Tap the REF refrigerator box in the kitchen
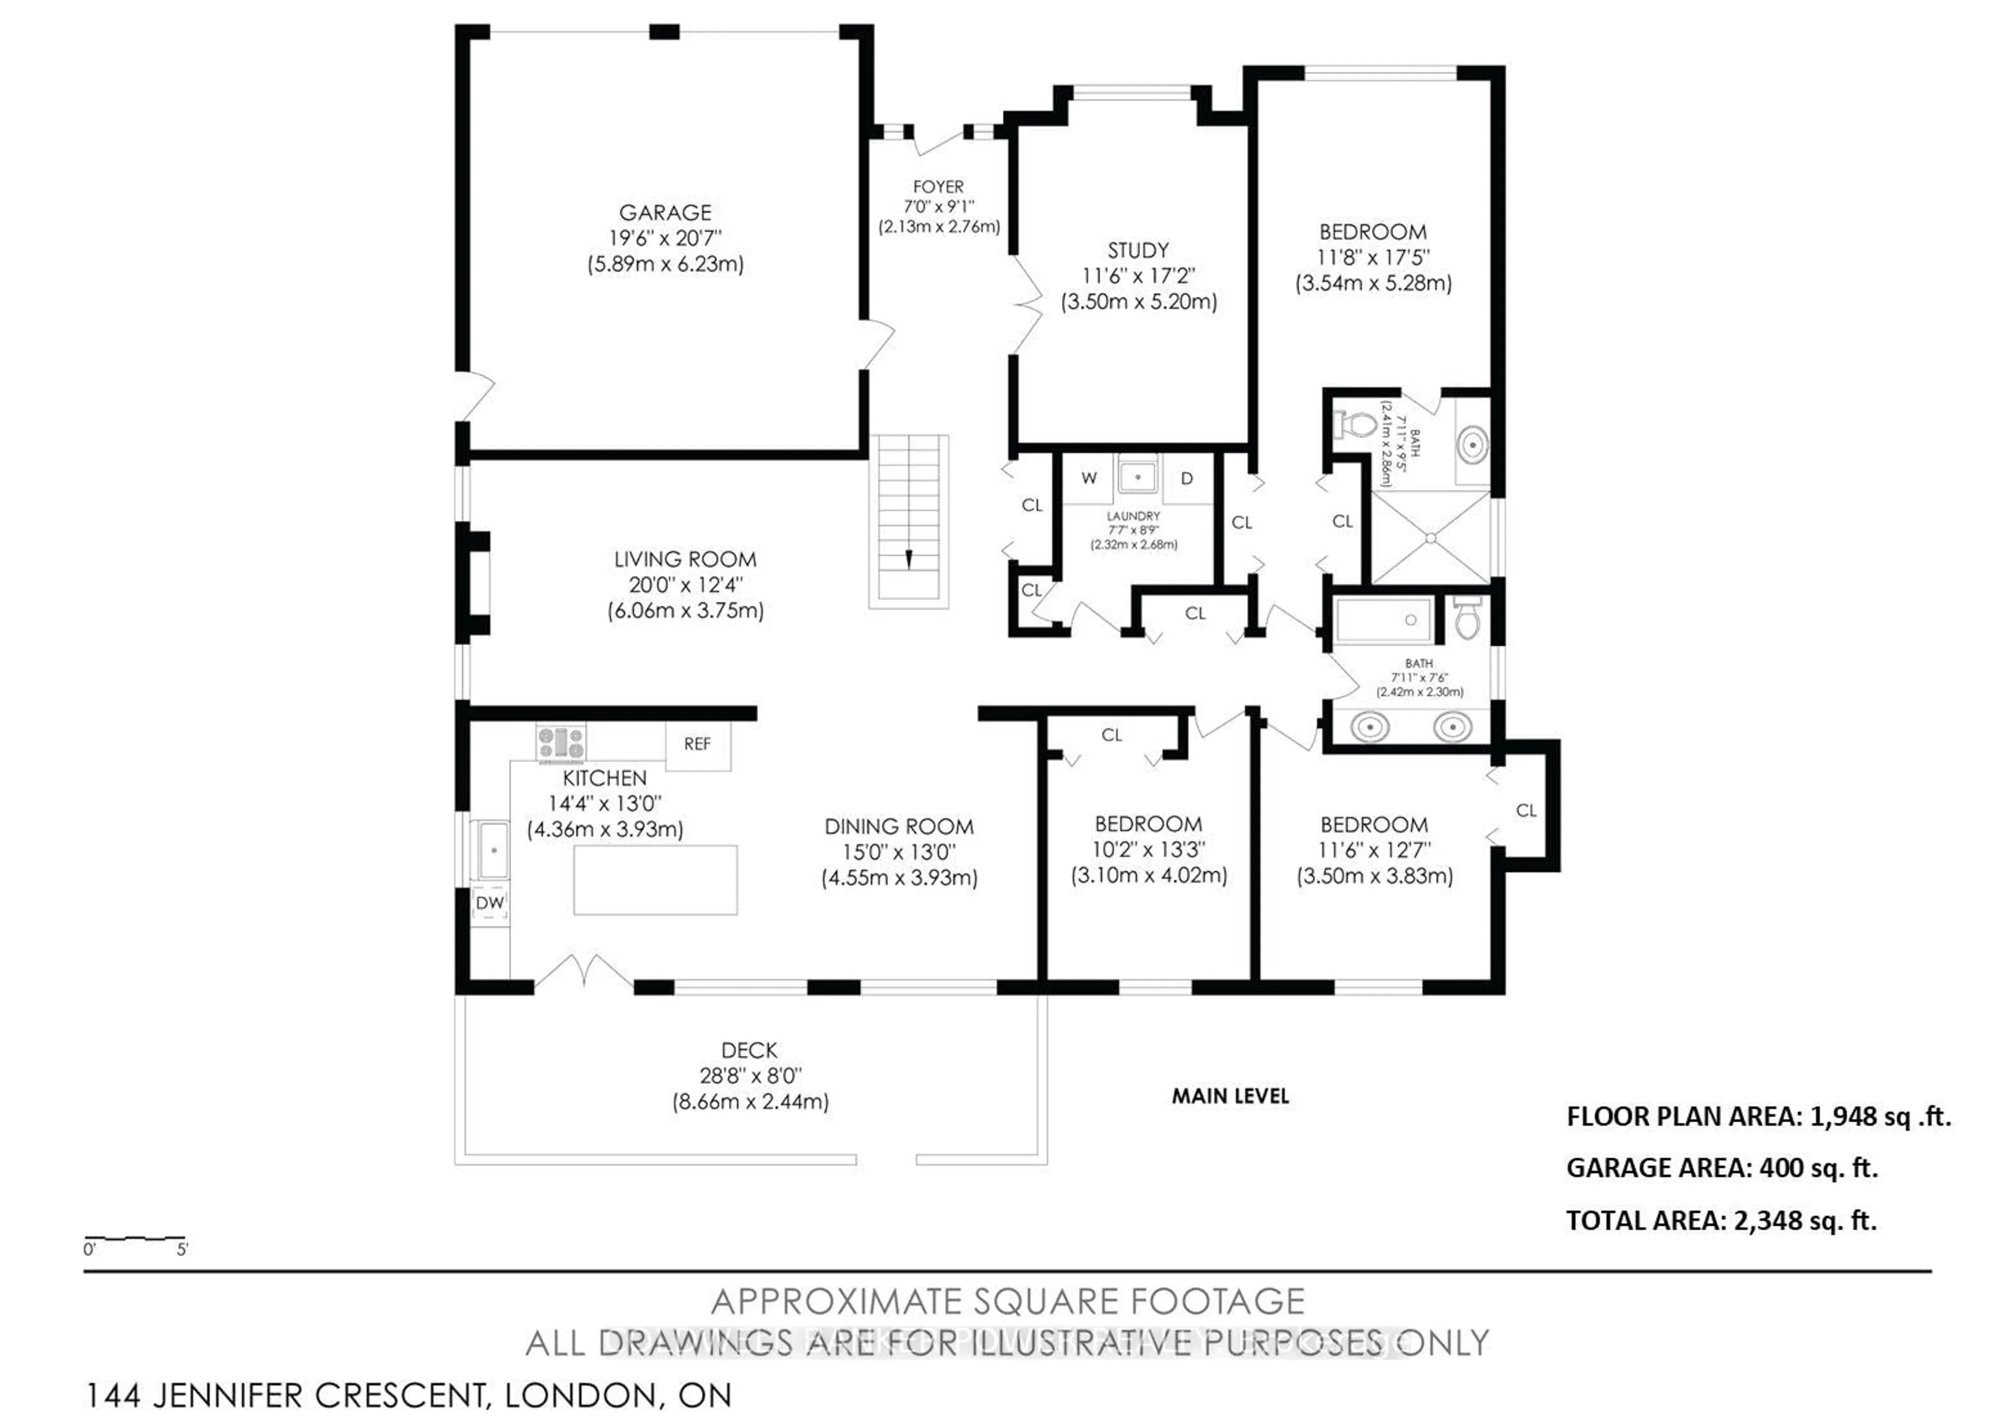coord(697,744)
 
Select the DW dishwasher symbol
coord(490,902)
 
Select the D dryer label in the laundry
coord(1186,479)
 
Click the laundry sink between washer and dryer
coord(1138,477)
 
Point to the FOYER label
coord(938,187)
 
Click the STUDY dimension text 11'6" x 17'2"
coord(1138,276)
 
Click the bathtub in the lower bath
coord(1383,620)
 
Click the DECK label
coord(749,1050)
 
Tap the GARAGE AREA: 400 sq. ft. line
coord(1722,1168)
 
